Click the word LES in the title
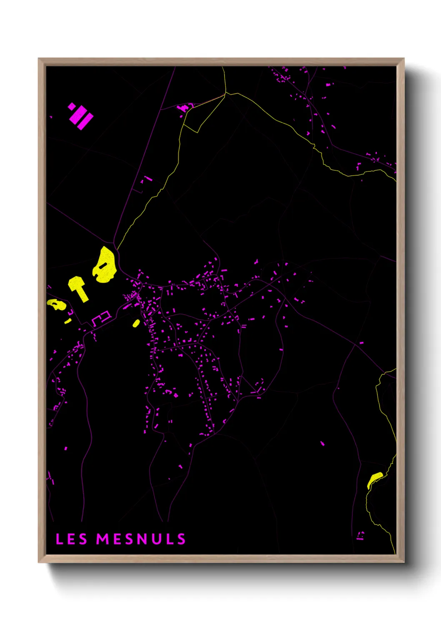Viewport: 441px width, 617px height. tap(71, 539)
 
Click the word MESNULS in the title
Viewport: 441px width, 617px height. tap(141, 539)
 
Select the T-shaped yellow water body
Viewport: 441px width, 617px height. tap(78, 288)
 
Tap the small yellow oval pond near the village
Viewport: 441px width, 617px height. tap(136, 323)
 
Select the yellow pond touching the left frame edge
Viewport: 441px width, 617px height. tap(56, 304)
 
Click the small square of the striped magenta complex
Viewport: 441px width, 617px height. tap(72, 106)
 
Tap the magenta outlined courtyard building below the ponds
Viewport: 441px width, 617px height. tap(101, 318)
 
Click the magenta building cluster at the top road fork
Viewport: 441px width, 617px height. tap(183, 108)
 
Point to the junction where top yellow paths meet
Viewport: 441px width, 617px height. tap(226, 93)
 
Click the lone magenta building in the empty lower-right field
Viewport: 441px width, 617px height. tap(322, 443)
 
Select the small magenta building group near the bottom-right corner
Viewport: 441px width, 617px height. tap(361, 536)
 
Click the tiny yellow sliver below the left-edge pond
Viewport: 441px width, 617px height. tap(68, 321)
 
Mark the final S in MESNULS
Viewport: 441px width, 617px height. tap(181, 539)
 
